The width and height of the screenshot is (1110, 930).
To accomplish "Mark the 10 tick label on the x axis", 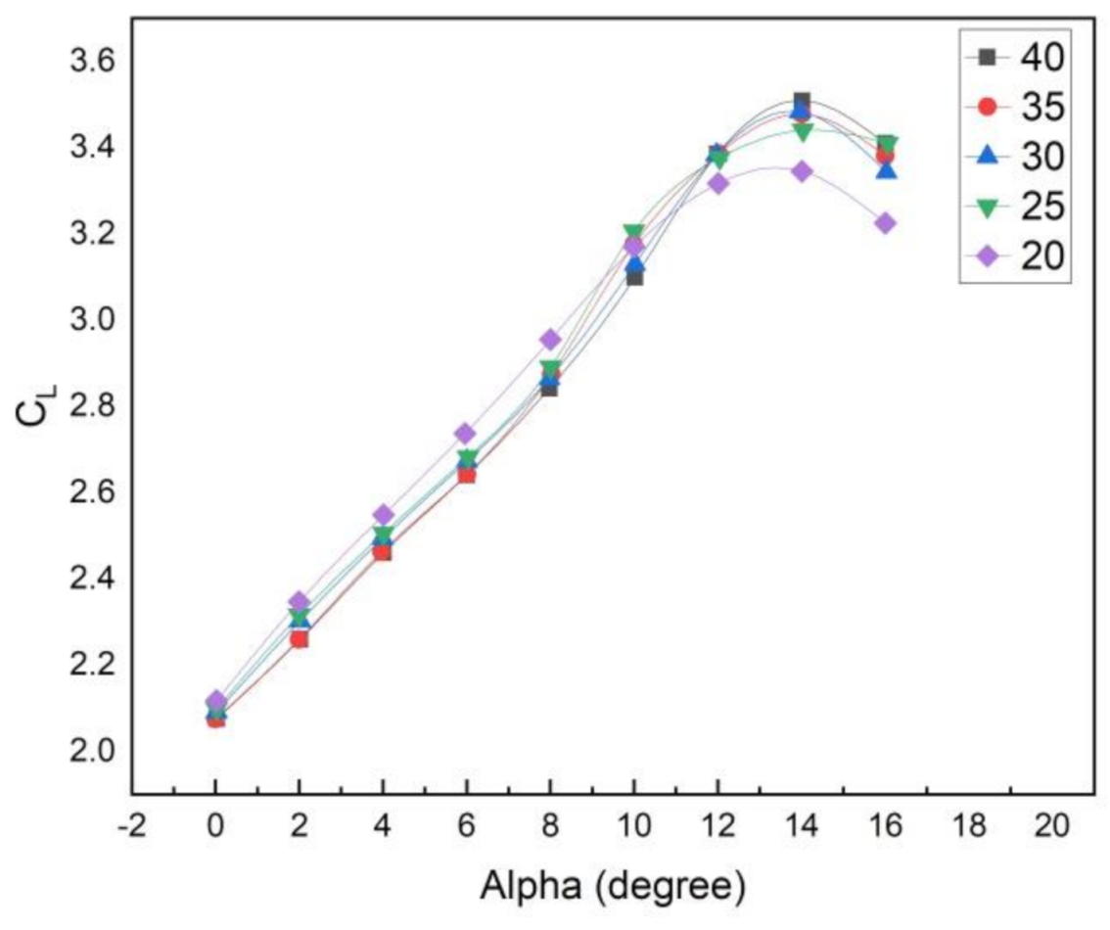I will coord(633,827).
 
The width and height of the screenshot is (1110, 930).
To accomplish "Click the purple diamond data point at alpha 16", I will coord(885,223).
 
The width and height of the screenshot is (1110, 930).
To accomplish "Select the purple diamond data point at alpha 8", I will coord(550,340).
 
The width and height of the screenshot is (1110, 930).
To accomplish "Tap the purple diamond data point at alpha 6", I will coord(466,434).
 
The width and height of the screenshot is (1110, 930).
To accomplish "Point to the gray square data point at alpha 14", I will coord(802,101).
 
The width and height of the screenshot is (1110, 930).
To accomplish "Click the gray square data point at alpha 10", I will coord(634,278).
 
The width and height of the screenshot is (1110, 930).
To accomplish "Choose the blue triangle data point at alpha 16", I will coord(885,170).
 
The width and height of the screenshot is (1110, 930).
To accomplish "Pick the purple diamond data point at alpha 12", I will coord(717,183).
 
